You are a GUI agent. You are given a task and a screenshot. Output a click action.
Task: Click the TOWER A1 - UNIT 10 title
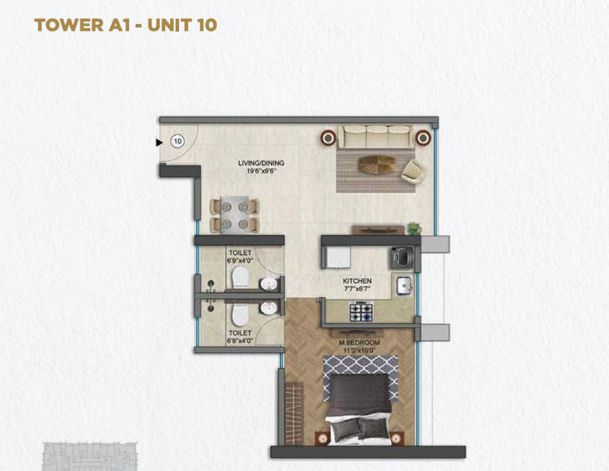(x=126, y=25)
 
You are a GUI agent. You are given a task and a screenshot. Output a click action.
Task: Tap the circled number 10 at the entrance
(x=177, y=141)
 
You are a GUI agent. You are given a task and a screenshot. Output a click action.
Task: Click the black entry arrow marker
(x=159, y=143)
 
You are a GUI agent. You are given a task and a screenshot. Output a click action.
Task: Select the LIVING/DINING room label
(x=261, y=163)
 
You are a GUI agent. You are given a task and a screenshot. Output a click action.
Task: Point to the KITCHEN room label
(x=357, y=281)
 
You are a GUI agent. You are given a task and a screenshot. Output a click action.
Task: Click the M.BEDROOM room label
(x=359, y=343)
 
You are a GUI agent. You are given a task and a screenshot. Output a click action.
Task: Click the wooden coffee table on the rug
(x=377, y=164)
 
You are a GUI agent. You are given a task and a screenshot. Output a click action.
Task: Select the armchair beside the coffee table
(x=412, y=171)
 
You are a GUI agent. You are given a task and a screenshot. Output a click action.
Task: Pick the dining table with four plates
(x=234, y=214)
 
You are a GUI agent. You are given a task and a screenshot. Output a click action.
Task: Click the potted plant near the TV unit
(x=415, y=228)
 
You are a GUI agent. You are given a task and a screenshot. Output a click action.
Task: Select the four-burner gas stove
(x=361, y=312)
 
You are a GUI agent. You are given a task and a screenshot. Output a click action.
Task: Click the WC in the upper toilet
(x=240, y=277)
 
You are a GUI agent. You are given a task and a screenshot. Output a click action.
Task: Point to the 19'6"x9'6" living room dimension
(x=261, y=170)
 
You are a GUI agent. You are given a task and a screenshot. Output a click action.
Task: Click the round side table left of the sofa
(x=328, y=138)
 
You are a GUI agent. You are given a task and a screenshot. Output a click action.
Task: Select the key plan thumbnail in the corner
(x=89, y=456)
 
